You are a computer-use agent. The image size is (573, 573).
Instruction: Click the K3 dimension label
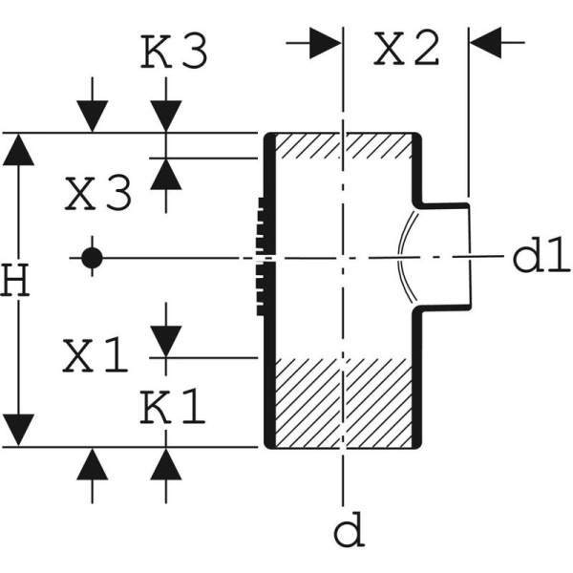175,53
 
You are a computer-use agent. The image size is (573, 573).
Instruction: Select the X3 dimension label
97,196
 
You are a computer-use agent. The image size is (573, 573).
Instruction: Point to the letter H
13,282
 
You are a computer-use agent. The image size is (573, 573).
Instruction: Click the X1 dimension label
95,356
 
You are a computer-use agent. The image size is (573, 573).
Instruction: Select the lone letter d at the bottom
351,531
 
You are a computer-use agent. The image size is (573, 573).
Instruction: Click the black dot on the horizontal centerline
91,257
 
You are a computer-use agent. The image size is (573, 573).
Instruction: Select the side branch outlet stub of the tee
445,255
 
